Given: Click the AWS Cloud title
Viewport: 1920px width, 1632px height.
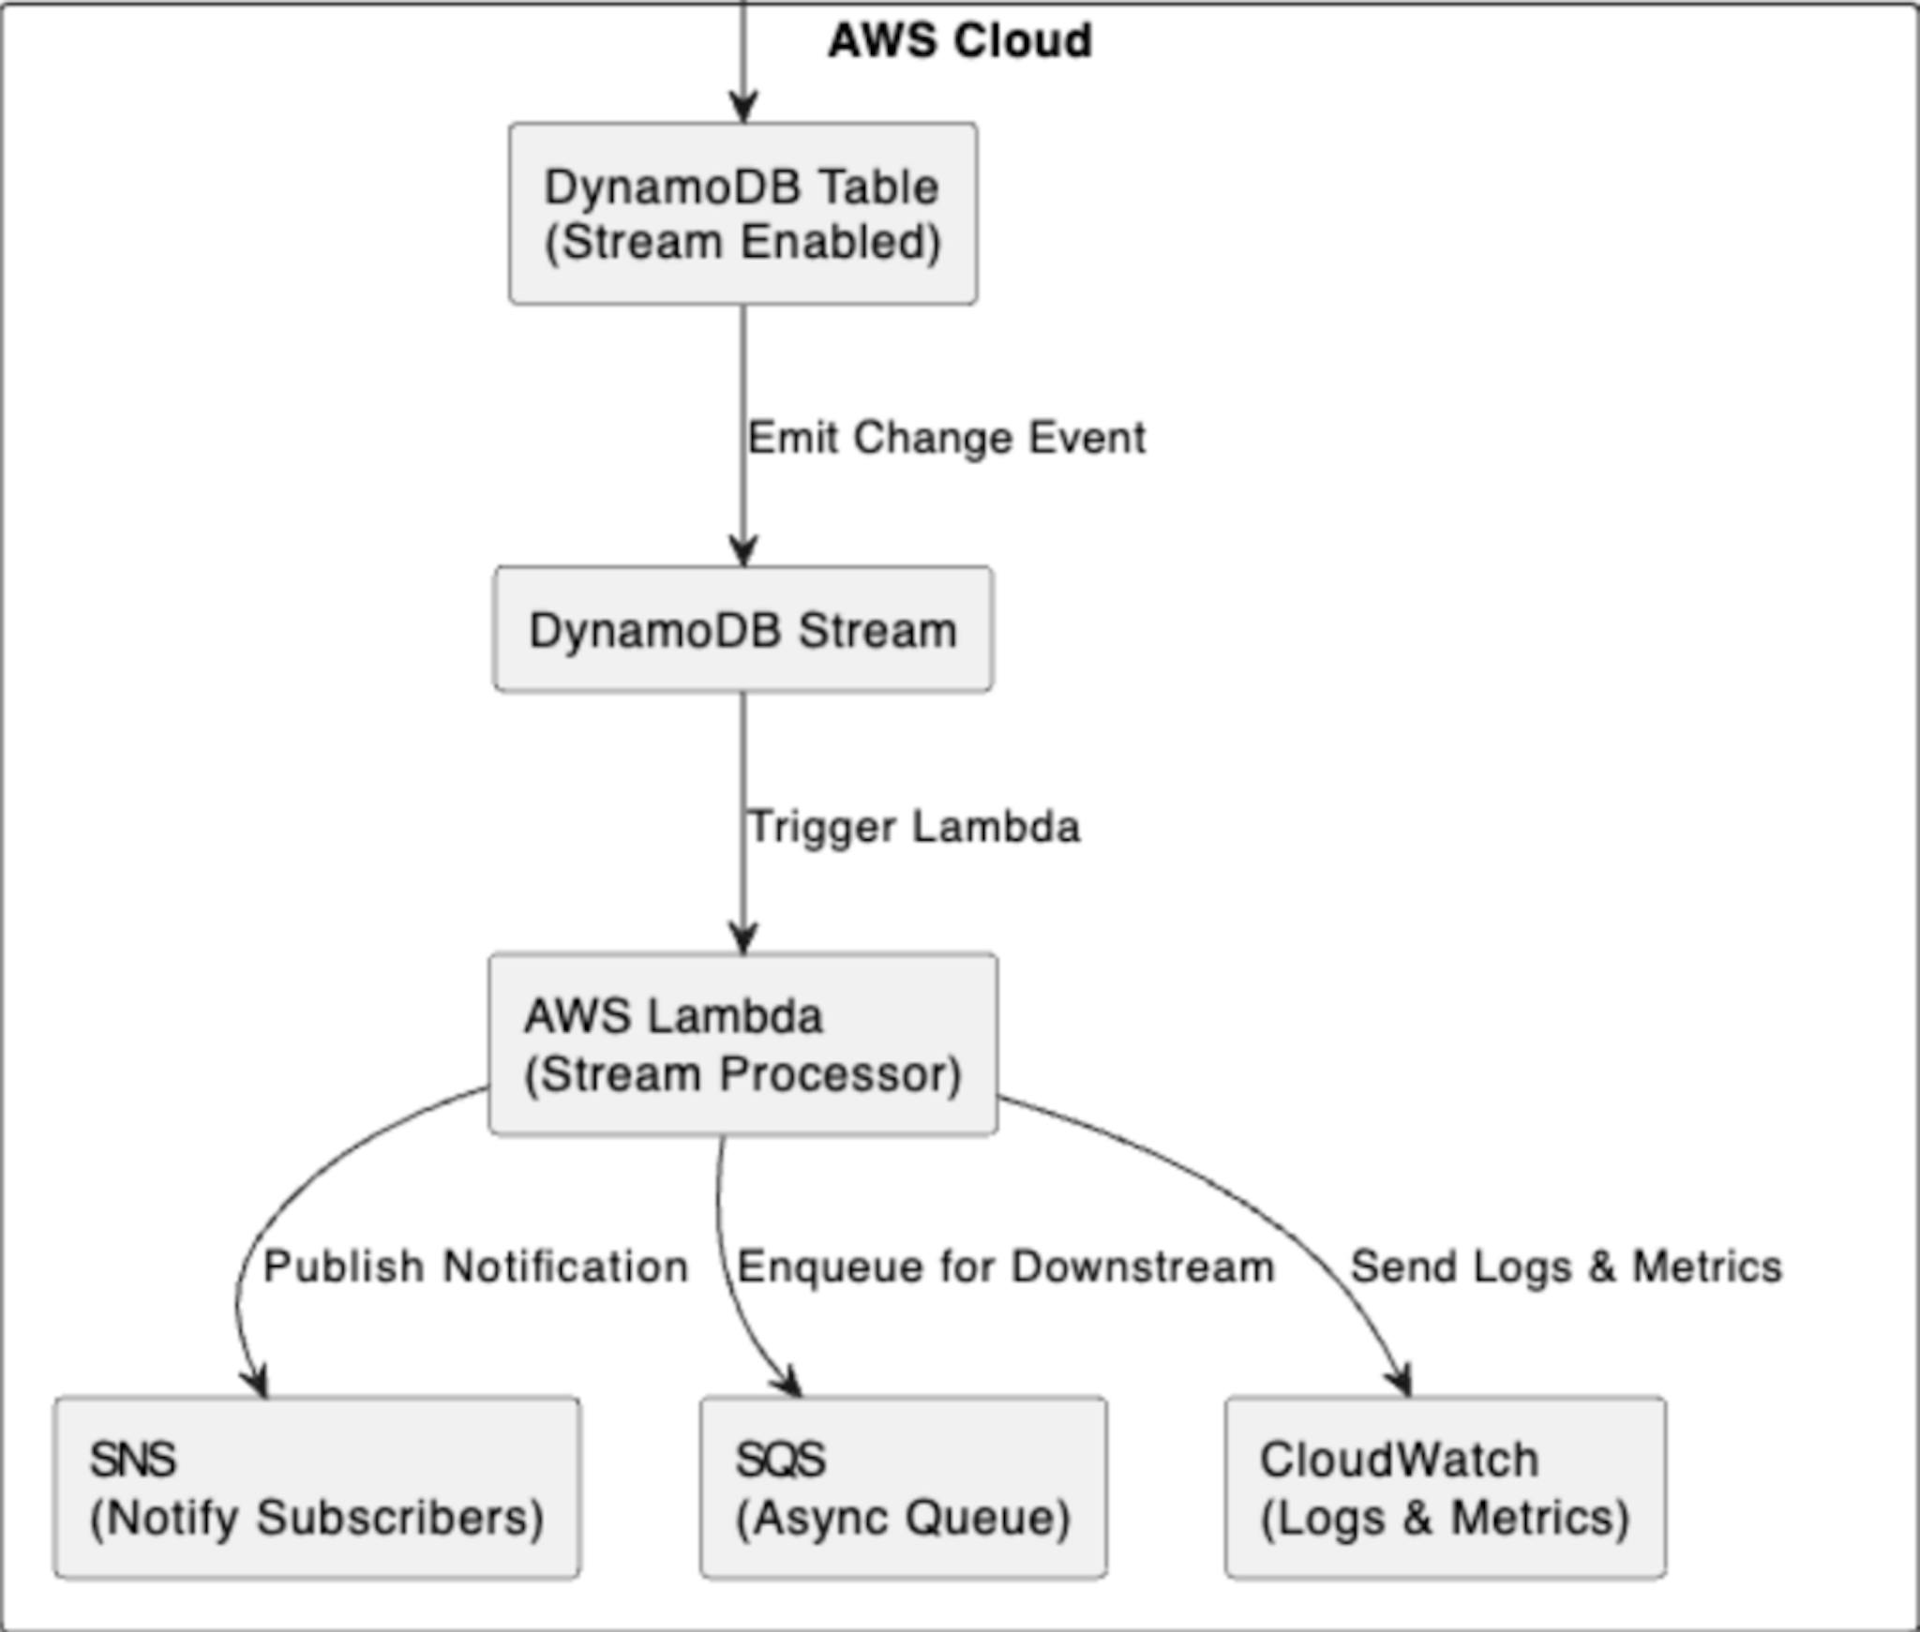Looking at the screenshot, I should [x=959, y=41].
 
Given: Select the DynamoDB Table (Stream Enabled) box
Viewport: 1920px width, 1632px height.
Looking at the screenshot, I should [x=742, y=214].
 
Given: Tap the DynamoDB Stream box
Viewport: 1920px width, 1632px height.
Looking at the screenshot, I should [x=742, y=630].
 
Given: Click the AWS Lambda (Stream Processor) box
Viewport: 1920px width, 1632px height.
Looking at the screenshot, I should [x=742, y=1044].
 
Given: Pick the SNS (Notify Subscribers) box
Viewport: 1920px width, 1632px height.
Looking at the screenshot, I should [x=317, y=1489].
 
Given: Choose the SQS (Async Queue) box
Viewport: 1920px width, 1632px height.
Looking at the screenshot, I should [x=903, y=1489].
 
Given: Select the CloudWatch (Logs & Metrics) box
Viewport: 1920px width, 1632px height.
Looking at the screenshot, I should [x=1445, y=1489].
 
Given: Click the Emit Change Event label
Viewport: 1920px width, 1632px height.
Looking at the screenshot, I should [x=946, y=438].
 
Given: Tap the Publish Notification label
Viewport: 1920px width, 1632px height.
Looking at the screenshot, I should [x=476, y=1266].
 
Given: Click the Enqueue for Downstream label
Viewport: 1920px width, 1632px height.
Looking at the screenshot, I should [x=1005, y=1266].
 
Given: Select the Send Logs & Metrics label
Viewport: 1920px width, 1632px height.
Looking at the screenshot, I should [x=1566, y=1266].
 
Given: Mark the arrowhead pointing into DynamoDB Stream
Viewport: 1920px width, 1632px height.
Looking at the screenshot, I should [x=743, y=550].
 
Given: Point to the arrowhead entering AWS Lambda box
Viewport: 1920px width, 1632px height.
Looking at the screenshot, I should [x=743, y=938].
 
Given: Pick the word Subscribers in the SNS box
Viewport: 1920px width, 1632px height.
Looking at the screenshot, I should [x=400, y=1518].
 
